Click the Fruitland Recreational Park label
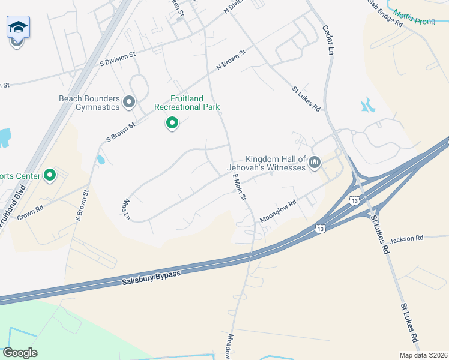point(187,103)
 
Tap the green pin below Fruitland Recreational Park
point(172,124)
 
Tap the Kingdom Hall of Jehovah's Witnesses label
point(267,163)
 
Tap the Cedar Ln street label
point(328,40)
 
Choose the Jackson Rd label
point(406,239)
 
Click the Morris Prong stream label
point(414,17)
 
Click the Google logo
point(20,352)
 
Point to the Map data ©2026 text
point(423,355)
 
